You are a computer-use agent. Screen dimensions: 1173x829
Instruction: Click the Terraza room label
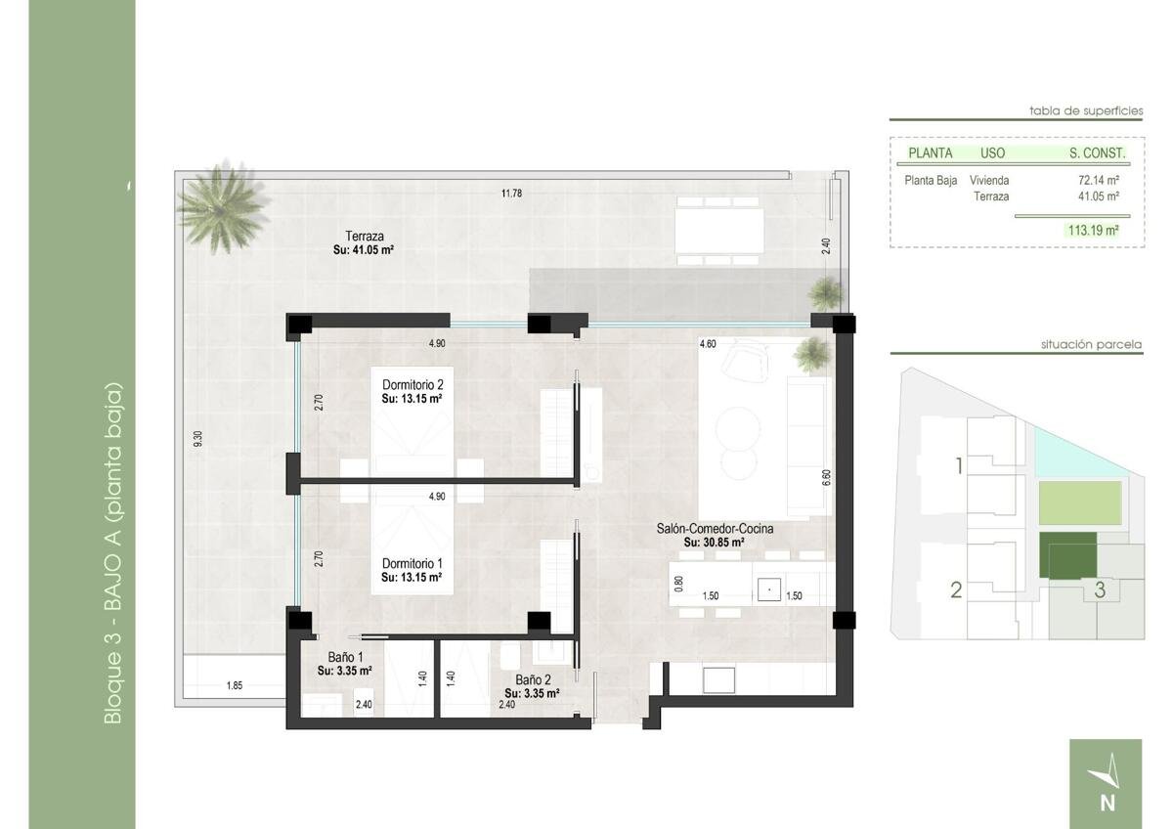pos(364,236)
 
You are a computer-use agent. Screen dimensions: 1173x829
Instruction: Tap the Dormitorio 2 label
pos(413,385)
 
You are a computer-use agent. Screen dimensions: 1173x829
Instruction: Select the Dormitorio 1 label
pos(413,564)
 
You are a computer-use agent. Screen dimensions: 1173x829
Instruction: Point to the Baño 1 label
pos(345,657)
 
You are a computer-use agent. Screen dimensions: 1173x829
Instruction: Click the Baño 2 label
pos(533,680)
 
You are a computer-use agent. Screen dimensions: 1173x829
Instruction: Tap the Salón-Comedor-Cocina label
pos(715,529)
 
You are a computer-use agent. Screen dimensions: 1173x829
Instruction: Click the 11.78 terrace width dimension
pos(511,194)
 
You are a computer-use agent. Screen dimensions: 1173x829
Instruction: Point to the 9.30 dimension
pos(197,439)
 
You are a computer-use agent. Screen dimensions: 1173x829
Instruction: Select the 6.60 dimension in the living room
pos(826,478)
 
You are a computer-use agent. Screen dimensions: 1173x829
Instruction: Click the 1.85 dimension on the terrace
pos(234,685)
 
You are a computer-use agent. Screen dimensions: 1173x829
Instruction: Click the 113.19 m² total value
pos(1094,230)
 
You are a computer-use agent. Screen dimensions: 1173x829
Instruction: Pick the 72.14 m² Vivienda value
pos(1099,180)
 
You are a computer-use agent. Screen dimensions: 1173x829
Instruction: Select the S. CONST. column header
pos(1097,153)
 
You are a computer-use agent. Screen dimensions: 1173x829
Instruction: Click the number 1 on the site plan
pos(959,465)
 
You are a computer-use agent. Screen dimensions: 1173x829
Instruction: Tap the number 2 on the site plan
pos(956,590)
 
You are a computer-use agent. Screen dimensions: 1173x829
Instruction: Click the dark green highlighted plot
pos(1067,555)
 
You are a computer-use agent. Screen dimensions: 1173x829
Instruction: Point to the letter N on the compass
pos(1108,804)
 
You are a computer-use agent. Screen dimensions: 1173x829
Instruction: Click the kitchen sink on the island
pos(769,589)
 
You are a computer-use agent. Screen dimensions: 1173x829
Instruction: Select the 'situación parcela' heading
pos(1091,344)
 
